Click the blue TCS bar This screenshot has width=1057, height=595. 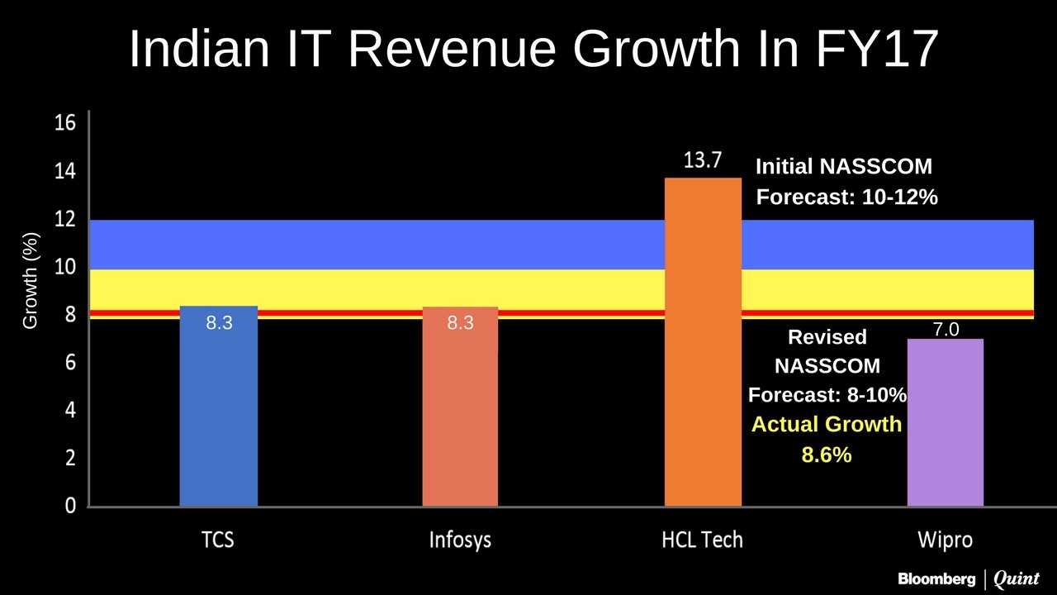click(218, 413)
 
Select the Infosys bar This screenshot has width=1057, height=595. click(460, 413)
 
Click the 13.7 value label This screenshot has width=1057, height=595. click(703, 160)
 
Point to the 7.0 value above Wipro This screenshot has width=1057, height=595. click(946, 330)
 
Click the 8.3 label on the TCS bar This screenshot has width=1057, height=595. click(219, 323)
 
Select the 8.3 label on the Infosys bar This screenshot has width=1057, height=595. click(461, 323)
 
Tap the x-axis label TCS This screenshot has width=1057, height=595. click(218, 540)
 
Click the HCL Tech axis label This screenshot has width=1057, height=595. click(703, 540)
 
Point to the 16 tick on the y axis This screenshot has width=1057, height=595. click(65, 124)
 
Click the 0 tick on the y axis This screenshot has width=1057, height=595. click(71, 506)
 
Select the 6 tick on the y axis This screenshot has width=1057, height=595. click(71, 363)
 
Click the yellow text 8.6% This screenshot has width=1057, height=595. click(826, 454)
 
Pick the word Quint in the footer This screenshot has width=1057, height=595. click(1017, 578)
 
